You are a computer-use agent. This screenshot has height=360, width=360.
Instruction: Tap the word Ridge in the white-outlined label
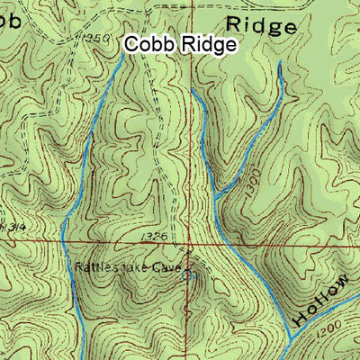208,44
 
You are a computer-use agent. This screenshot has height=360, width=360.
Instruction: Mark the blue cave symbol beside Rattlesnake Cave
186,276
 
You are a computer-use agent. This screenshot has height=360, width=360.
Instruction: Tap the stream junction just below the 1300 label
217,195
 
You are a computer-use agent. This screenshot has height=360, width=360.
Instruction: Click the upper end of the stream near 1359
122,51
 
